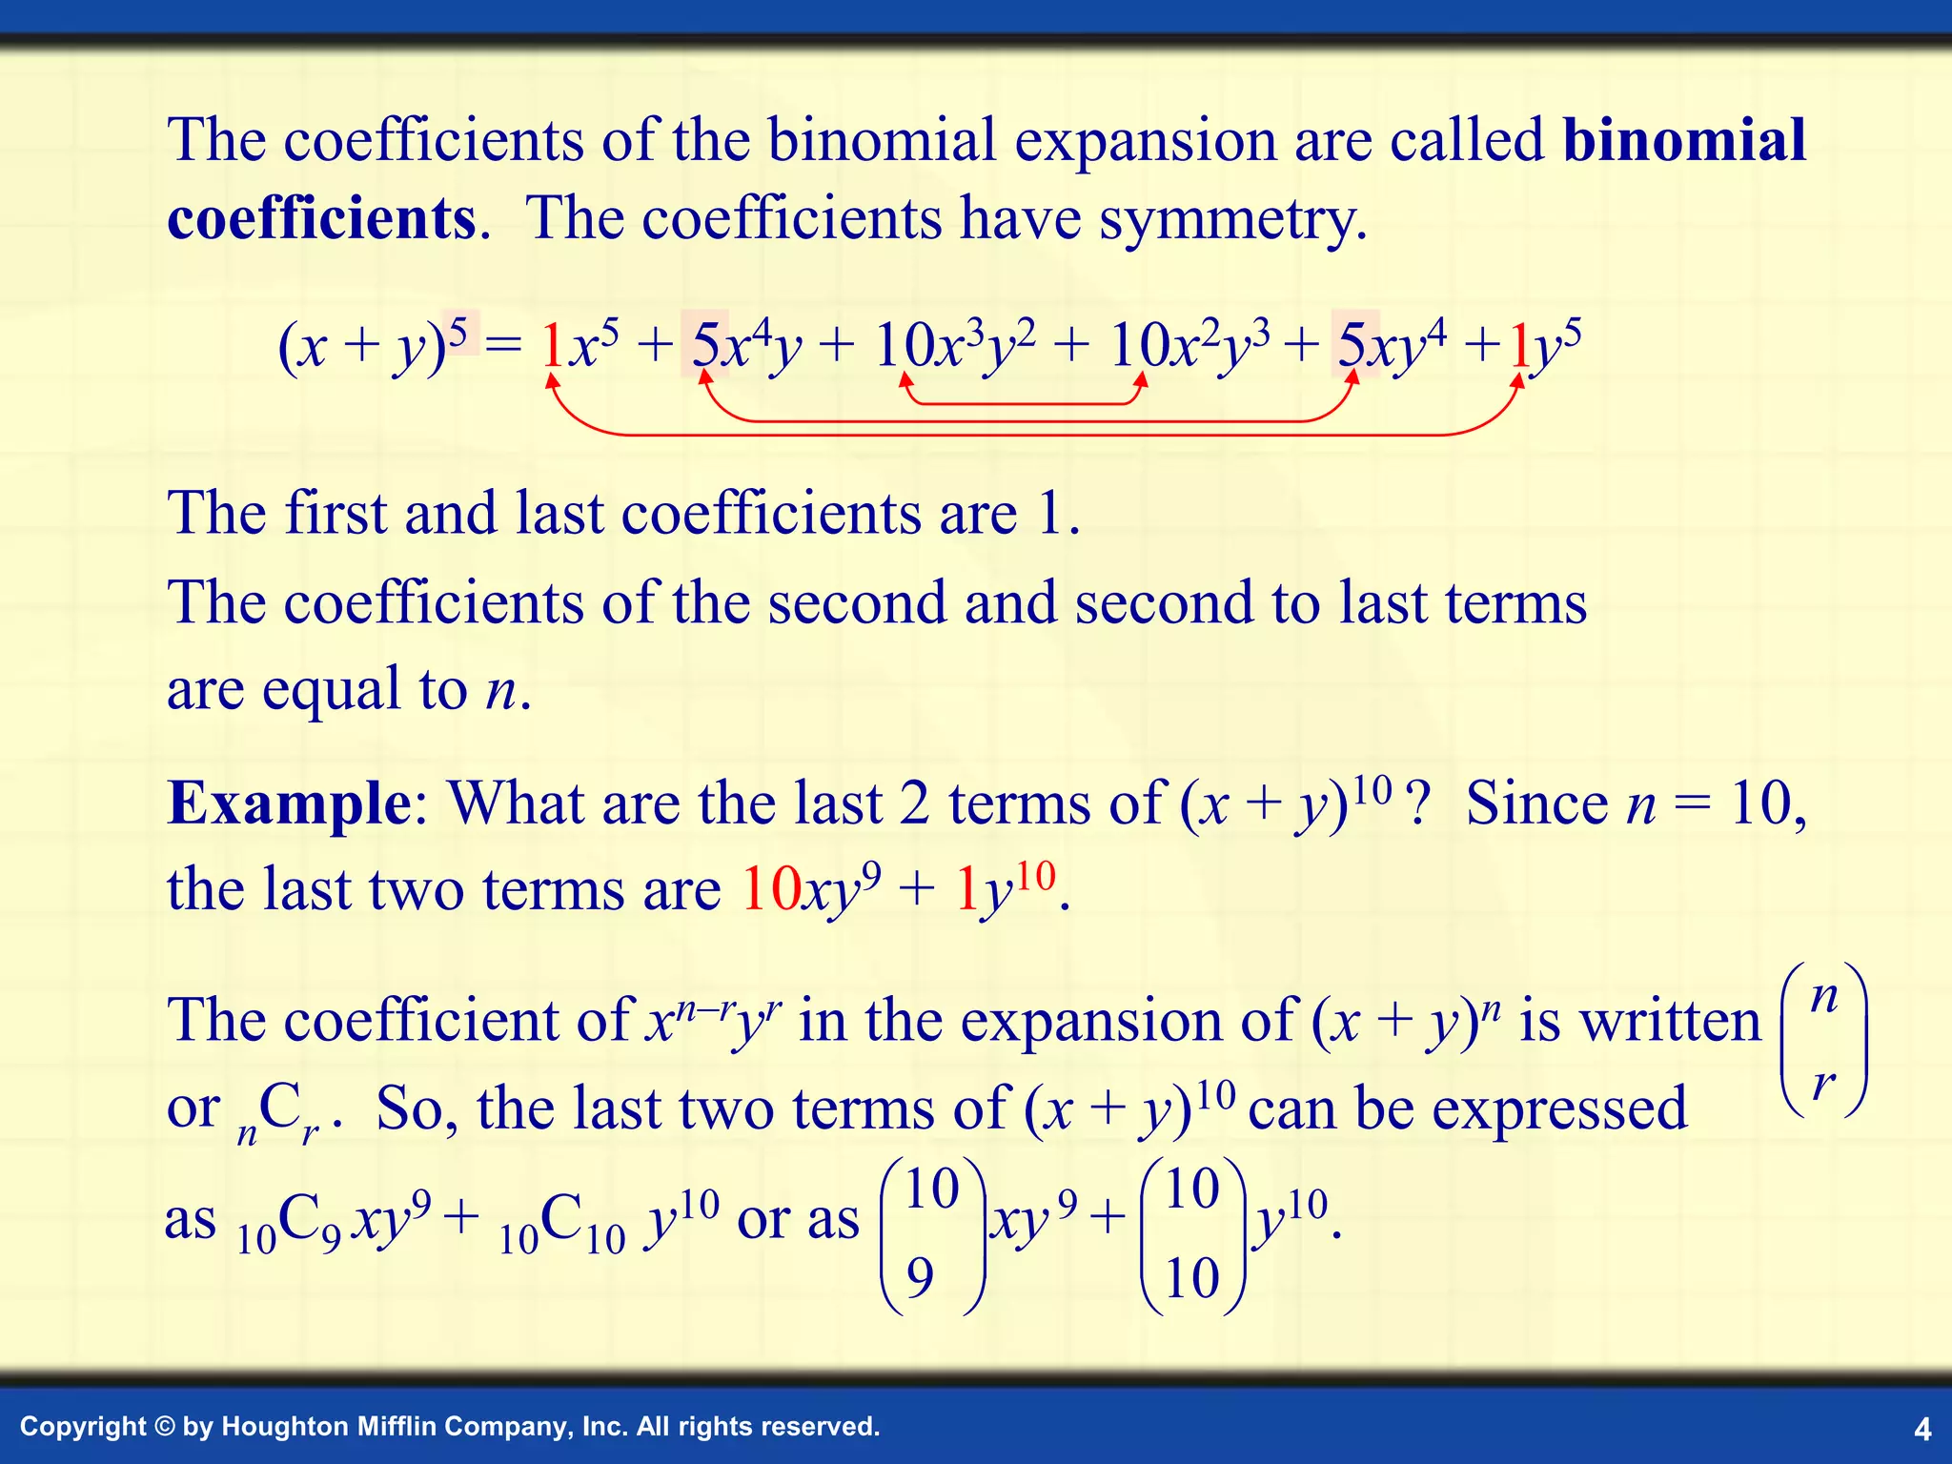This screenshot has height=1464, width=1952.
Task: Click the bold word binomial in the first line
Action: tap(1684, 141)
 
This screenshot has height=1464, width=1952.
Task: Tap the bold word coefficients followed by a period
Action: tap(321, 219)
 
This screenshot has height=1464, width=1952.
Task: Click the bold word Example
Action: tap(289, 803)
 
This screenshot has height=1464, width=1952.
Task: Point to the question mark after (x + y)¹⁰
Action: tap(1419, 803)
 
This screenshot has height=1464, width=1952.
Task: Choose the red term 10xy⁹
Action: tap(810, 890)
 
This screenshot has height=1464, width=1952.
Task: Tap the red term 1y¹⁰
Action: tap(1005, 890)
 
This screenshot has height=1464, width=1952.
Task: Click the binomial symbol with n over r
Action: tap(1823, 1040)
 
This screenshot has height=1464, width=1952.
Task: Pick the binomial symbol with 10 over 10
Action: tap(1192, 1234)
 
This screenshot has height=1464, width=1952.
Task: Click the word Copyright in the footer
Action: tap(83, 1427)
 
